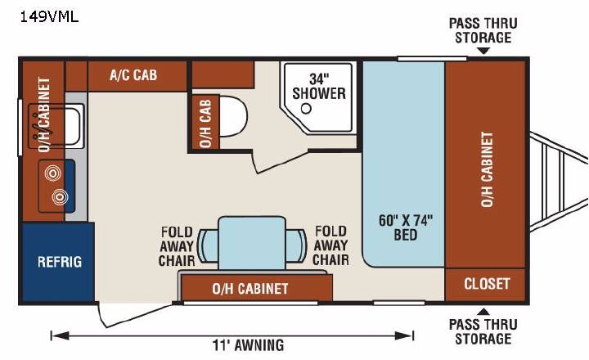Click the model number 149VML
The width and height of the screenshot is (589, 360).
(49, 17)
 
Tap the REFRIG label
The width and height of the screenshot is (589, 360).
(60, 262)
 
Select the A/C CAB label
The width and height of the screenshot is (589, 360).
(133, 75)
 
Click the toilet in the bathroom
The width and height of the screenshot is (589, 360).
(233, 116)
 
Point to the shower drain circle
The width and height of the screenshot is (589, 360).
(307, 109)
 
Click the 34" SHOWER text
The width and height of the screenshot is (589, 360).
(319, 87)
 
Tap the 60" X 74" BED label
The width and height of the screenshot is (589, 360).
(406, 227)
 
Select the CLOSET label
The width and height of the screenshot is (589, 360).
(487, 284)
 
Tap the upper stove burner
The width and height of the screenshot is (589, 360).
(52, 173)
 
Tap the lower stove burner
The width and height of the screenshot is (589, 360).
(60, 196)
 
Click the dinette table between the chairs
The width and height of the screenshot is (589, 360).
(252, 243)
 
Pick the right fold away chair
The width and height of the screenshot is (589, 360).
(296, 246)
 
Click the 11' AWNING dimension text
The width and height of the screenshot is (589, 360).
(248, 345)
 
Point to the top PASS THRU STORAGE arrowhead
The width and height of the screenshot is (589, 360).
(483, 51)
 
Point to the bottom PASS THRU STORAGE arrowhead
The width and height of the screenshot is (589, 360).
(483, 312)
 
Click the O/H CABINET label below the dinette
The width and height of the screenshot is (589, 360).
(250, 289)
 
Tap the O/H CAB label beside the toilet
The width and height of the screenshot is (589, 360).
(205, 124)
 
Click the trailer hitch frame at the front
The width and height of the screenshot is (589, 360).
(559, 180)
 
